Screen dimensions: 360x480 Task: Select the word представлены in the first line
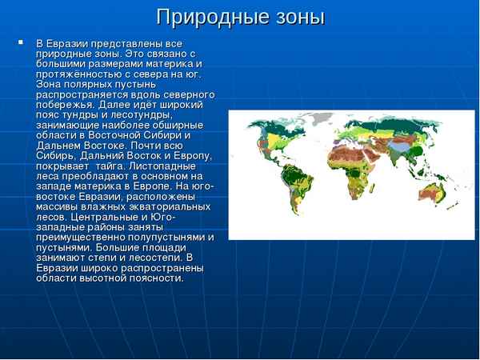coord(120,42)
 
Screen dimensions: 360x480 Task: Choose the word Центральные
coord(111,216)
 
